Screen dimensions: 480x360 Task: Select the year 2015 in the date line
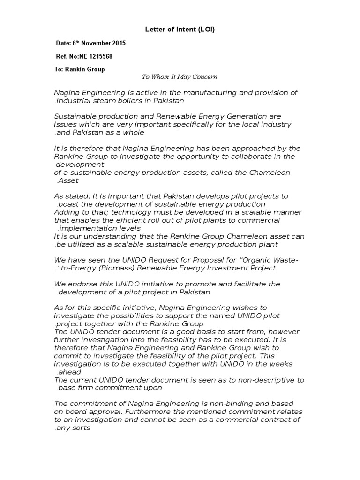pyautogui.click(x=118, y=43)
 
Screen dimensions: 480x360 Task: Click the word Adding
pyautogui.click(x=67, y=212)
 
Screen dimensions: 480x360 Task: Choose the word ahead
pyautogui.click(x=69, y=371)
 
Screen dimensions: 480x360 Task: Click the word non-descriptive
pyautogui.click(x=255, y=379)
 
